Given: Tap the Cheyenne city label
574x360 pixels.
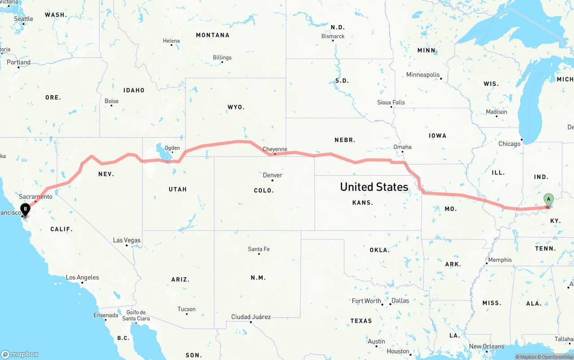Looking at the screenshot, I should [x=274, y=149].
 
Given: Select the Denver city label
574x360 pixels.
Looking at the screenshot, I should [x=273, y=175].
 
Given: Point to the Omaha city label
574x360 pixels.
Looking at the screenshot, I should [x=402, y=147].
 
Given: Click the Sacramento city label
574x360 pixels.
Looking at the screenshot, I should [x=35, y=196].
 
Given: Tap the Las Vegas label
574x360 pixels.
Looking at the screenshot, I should [x=126, y=240].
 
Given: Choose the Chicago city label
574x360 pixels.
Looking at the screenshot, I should [x=509, y=144].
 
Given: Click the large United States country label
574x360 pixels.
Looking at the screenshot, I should [x=374, y=187].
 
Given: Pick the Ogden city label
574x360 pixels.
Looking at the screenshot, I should [x=172, y=148].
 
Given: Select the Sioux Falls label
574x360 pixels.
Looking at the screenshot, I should [x=391, y=102].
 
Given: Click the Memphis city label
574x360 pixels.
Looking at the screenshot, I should [x=500, y=260].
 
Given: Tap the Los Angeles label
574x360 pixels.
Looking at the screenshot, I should [x=83, y=278].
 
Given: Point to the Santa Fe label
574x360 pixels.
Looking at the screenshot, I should [x=259, y=249].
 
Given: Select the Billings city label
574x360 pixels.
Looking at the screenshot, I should [x=222, y=57].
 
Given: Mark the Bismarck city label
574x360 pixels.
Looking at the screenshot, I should [x=333, y=36].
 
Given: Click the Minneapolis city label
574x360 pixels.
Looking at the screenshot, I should [x=423, y=75].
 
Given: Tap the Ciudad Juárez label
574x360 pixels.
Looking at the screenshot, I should [x=251, y=317].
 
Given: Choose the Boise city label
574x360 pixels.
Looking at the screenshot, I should [x=112, y=101].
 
